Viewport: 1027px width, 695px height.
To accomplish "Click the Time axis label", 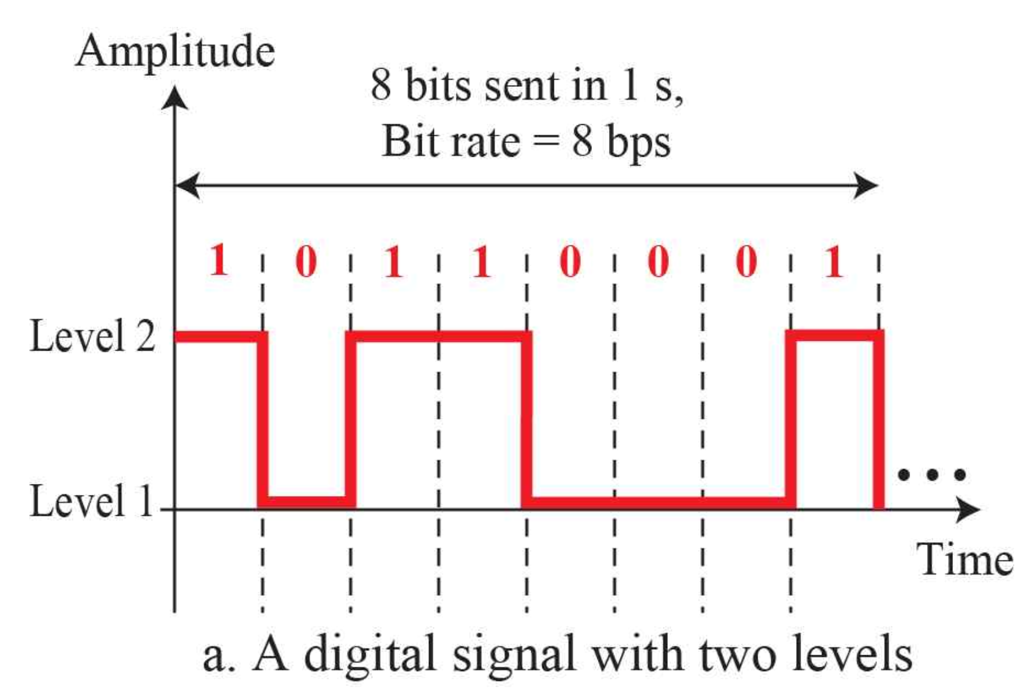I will pos(964,559).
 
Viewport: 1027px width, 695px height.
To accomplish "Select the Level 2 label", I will pos(92,336).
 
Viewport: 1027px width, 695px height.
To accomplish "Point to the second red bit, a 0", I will pos(306,261).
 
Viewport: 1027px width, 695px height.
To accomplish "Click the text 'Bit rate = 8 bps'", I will pos(526,141).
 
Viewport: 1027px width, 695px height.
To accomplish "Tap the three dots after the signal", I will pos(932,474).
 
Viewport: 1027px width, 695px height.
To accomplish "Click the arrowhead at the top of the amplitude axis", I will pos(175,98).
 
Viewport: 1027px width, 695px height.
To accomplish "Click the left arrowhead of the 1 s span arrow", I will pos(187,185).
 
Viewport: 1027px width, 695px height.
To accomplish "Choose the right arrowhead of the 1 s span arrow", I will pos(867,185).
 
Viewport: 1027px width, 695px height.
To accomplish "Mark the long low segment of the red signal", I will pos(658,502).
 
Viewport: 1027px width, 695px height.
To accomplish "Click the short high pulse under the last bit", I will pos(835,336).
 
